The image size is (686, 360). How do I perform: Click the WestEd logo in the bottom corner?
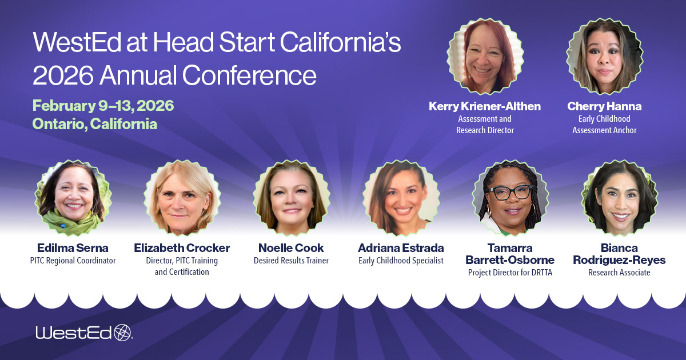[83, 333]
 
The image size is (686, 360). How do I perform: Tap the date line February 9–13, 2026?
[103, 106]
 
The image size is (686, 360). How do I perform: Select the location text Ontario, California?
[95, 123]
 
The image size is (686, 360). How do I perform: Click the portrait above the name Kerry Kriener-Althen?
[485, 57]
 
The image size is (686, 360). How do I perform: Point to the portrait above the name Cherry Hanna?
[604, 57]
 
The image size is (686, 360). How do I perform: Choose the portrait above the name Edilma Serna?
[73, 198]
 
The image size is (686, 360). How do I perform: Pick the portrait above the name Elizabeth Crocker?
[182, 198]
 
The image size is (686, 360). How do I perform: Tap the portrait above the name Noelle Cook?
[291, 198]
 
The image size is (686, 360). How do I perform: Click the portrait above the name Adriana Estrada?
[401, 198]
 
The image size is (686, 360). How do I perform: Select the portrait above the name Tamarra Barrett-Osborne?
[510, 198]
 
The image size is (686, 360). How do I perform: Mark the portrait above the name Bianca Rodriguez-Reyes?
[619, 198]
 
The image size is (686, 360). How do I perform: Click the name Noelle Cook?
[291, 248]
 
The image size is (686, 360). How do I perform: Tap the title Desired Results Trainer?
[291, 261]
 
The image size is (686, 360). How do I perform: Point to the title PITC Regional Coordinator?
[73, 261]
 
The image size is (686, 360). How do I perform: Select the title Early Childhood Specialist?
[401, 261]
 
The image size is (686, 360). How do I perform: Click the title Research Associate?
[619, 273]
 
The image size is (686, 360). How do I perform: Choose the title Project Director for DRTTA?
[510, 273]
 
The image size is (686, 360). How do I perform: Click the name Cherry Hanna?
[604, 106]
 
